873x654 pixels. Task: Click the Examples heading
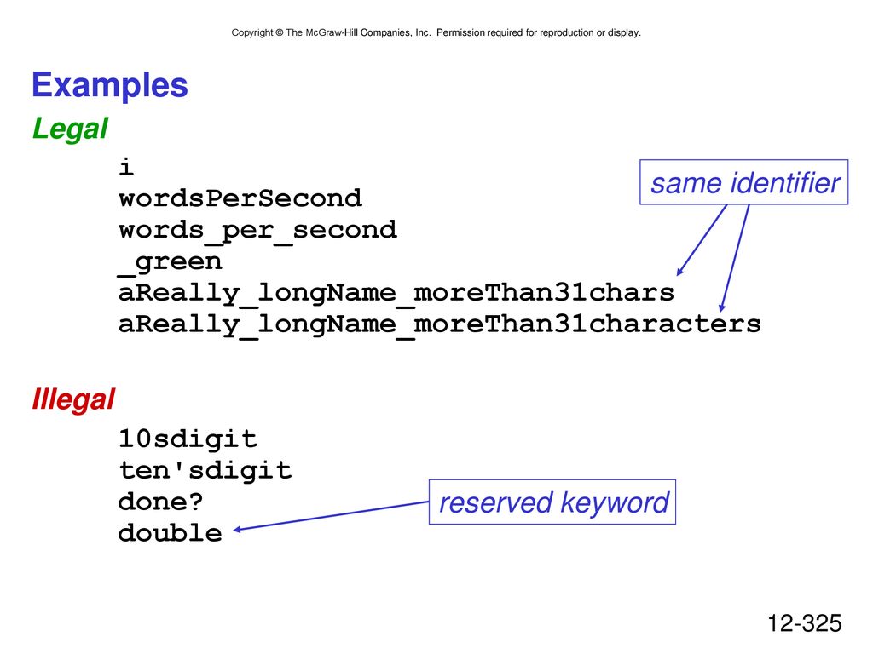[x=110, y=86]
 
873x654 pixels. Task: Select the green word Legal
[x=70, y=129]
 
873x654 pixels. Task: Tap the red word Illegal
[x=73, y=399]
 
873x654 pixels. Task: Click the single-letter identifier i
[x=126, y=167]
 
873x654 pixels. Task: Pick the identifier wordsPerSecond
[x=240, y=198]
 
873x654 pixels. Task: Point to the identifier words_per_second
[x=257, y=231]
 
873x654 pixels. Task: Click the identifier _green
[x=171, y=262]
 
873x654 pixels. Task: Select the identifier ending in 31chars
[x=396, y=293]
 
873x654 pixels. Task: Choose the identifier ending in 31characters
[x=440, y=324]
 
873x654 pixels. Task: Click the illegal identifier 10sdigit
[x=188, y=439]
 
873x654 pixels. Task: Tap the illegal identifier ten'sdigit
[x=205, y=470]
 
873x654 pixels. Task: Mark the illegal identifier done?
[x=161, y=502]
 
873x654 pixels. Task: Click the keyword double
[x=171, y=533]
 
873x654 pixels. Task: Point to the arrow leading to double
[x=331, y=516]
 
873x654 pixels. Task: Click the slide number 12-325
[x=805, y=623]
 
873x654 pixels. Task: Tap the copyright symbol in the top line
[x=280, y=33]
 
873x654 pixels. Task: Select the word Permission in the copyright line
[x=460, y=33]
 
